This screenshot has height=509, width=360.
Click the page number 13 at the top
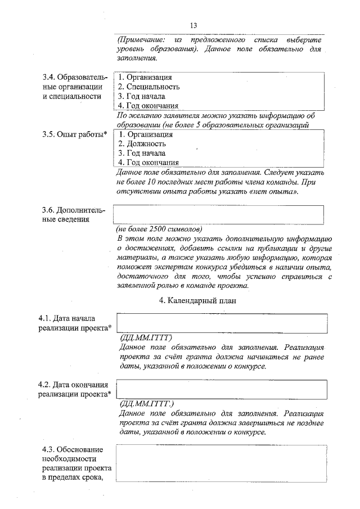click(193, 25)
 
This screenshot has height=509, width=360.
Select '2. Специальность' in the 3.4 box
click(148, 87)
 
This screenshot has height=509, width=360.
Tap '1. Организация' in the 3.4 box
click(145, 77)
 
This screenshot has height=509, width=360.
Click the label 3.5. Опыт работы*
click(75, 135)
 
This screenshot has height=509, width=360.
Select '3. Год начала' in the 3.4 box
click(141, 96)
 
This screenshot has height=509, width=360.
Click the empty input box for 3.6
click(219, 215)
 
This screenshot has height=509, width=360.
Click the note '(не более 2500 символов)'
click(159, 229)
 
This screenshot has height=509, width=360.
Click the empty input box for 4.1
click(222, 324)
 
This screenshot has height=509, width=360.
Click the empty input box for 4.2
click(222, 389)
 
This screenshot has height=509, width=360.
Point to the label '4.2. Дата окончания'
click(73, 385)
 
